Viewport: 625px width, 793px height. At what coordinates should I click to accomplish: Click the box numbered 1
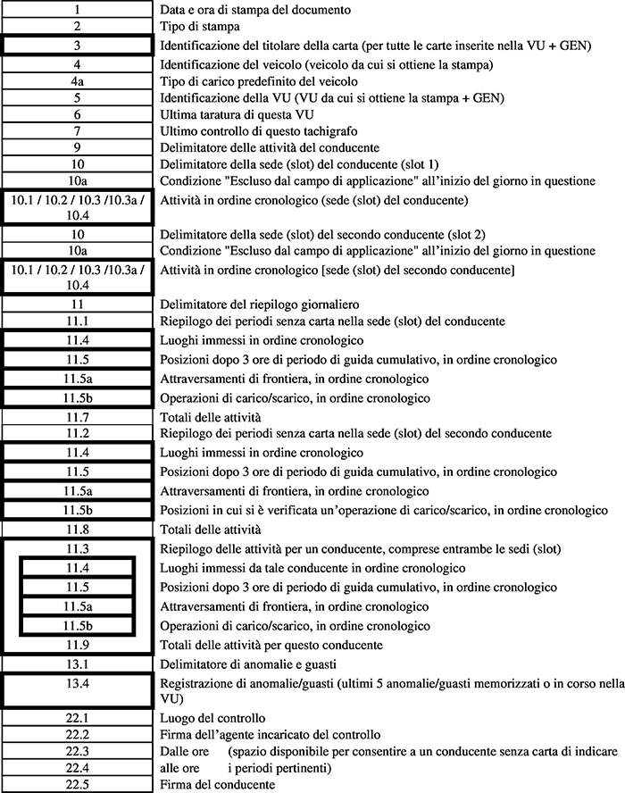coord(78,10)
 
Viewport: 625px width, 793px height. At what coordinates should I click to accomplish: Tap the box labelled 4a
coord(78,81)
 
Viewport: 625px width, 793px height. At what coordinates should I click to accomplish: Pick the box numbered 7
coord(78,131)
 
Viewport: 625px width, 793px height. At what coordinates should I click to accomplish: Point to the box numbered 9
coord(78,148)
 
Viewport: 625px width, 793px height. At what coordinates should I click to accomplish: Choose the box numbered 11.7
coord(78,417)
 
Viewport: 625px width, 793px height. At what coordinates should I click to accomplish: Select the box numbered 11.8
coord(78,529)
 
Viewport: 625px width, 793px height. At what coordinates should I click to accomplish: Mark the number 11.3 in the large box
coord(78,547)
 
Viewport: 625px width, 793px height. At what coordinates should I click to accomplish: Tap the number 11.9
coord(78,644)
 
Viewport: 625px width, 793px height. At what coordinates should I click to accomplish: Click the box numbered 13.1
coord(78,664)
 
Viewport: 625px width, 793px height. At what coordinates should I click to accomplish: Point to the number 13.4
coord(78,684)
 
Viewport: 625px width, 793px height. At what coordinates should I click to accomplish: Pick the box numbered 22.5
coord(78,784)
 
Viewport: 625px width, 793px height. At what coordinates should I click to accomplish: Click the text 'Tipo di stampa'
coord(196,27)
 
